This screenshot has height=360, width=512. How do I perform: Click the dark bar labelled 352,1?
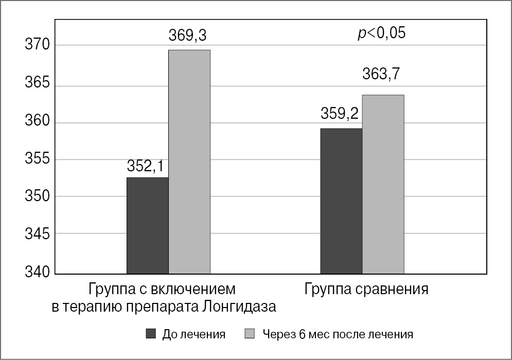[x=147, y=225]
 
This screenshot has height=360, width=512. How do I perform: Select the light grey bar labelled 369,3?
[x=189, y=161]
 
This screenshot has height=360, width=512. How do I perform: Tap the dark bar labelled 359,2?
[x=341, y=201]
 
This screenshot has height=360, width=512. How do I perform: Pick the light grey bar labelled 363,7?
[x=383, y=184]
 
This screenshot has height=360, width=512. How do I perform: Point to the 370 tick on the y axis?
[x=38, y=45]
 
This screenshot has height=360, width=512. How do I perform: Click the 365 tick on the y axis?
[x=38, y=84]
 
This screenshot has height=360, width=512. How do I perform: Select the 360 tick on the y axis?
[x=38, y=122]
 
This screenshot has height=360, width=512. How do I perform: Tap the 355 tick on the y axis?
[x=38, y=159]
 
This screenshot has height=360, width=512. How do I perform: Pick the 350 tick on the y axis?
[x=38, y=196]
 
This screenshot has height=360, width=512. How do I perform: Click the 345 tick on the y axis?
[x=38, y=235]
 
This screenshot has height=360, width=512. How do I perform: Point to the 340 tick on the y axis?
[x=38, y=272]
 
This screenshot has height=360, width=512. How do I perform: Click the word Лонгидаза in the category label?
[x=239, y=307]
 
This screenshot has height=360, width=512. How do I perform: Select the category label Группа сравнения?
[x=366, y=289]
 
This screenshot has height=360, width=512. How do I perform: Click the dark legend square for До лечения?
[x=151, y=334]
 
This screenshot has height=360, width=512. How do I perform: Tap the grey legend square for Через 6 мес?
[x=250, y=334]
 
